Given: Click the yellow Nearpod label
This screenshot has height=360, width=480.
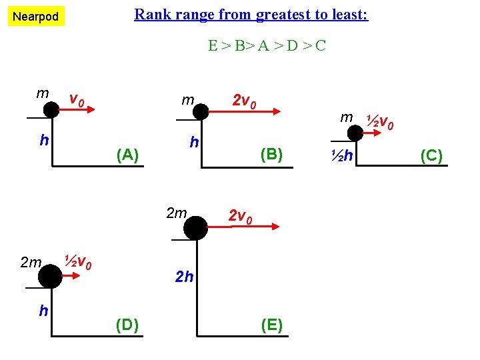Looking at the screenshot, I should tap(36, 16).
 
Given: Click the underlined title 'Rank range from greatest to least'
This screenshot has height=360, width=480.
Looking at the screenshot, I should tap(251, 14).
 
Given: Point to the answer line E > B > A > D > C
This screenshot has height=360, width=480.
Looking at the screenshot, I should tap(267, 45).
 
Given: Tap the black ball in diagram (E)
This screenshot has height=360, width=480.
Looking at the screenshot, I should tap(196, 228).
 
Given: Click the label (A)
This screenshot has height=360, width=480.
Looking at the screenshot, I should tap(127, 155).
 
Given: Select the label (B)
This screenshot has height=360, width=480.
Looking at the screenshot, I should tap(272, 155).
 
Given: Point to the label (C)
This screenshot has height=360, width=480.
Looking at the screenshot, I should tap(431, 156).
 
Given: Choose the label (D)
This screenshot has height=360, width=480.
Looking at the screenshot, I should tap(127, 325).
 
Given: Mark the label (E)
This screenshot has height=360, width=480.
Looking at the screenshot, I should tap(271, 325).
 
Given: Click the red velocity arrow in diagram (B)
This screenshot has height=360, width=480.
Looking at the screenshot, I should tap(247, 113).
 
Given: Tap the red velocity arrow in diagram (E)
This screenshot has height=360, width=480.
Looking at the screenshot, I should tap(243, 228).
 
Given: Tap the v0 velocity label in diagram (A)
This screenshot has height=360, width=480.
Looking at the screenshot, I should tap(77, 101).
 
